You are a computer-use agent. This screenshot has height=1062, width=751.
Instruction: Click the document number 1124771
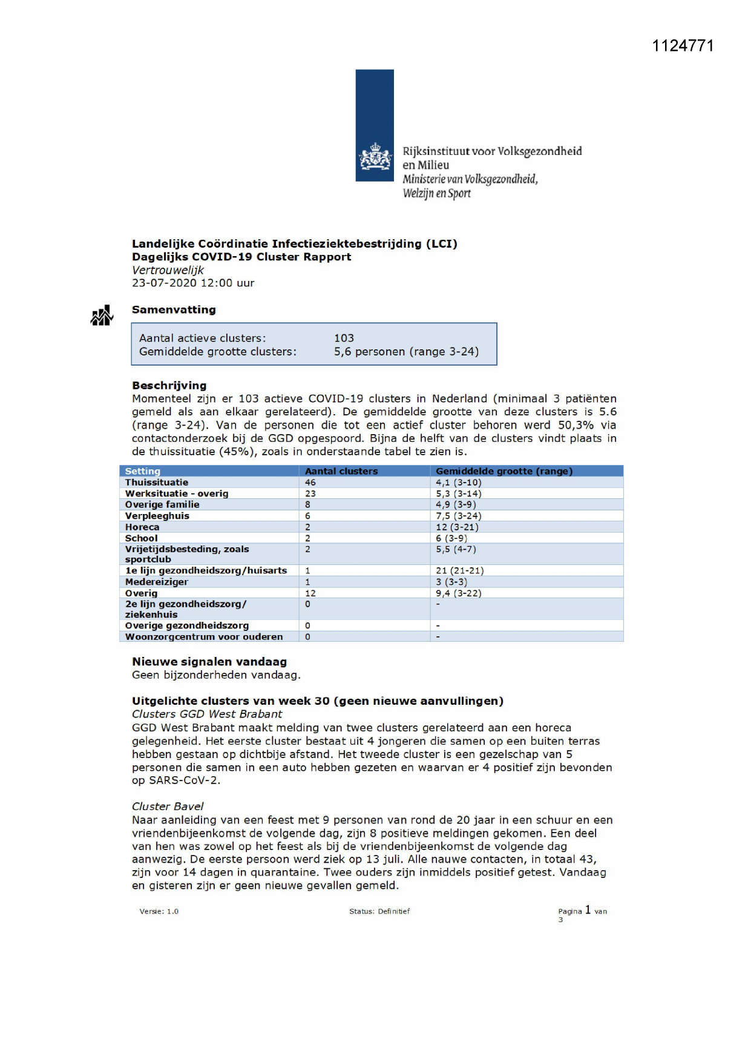683,46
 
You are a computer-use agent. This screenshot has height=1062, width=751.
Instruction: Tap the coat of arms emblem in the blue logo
375,157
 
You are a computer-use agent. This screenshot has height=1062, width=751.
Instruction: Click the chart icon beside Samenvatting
102,315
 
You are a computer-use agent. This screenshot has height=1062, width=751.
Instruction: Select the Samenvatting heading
174,310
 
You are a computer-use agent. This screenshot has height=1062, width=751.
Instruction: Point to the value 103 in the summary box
344,338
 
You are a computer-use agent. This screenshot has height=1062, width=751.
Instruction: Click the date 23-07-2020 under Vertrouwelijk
163,283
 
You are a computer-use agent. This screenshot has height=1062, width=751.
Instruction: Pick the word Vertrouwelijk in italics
168,270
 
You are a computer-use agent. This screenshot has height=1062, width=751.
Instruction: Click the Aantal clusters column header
341,471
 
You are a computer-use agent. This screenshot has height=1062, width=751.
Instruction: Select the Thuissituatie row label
156,483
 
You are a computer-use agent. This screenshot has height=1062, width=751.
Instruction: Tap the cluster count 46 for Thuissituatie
310,483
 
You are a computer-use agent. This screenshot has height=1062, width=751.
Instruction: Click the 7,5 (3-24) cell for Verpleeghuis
458,516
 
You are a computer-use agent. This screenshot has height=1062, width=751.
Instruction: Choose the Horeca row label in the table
142,527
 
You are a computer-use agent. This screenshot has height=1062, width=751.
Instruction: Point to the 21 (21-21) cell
459,570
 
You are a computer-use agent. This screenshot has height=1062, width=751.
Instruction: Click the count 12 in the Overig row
310,593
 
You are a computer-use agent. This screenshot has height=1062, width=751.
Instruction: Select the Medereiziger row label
156,582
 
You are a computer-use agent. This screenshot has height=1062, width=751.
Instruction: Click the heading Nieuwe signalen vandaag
209,662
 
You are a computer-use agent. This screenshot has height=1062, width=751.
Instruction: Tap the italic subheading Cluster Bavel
168,806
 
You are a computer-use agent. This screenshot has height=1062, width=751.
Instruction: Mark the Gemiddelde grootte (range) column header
503,471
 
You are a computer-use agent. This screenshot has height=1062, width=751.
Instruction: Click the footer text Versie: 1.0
159,911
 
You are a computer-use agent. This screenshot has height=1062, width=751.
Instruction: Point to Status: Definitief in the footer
379,911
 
